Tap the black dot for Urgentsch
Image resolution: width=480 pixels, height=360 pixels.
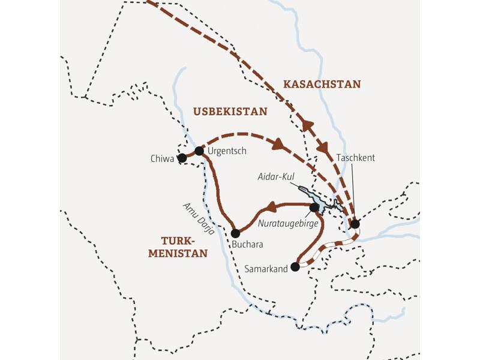pyautogui.click(x=199, y=151)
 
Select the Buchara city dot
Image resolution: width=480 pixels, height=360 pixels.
pyautogui.click(x=235, y=233)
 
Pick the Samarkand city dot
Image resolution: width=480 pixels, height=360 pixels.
pyautogui.click(x=295, y=267)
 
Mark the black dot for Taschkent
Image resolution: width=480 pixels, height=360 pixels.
pyautogui.click(x=355, y=224)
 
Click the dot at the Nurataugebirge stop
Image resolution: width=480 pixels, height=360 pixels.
pyautogui.click(x=314, y=208)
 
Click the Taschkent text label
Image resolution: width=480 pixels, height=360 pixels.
pyautogui.click(x=356, y=158)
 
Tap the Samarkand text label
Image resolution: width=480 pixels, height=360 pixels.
pyautogui.click(x=267, y=269)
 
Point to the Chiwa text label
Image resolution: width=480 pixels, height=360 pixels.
pyautogui.click(x=163, y=159)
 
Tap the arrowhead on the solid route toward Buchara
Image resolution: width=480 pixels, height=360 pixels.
pyautogui.click(x=271, y=208)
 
